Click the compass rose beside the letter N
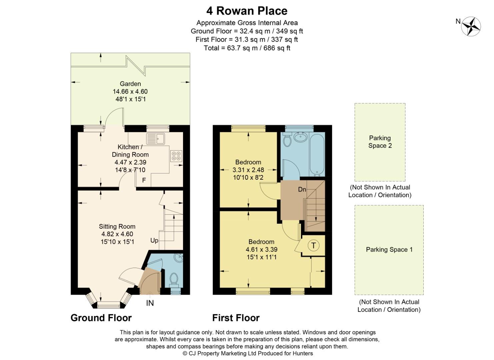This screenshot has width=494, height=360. coord(471,26)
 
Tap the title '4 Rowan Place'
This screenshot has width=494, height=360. coord(247,11)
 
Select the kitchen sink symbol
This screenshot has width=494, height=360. coord(155,138)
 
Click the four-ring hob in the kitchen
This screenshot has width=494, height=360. coord(176,156)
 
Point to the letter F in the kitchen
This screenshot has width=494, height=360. coord(144,180)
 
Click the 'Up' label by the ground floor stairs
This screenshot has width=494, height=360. coord(154,240)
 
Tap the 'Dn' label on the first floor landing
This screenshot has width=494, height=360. coord(302,189)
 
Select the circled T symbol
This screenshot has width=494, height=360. coord(313,246)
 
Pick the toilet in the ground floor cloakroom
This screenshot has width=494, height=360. coord(174,279)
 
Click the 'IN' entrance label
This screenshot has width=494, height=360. coord(150,303)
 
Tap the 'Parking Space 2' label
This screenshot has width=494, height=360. coord(380,142)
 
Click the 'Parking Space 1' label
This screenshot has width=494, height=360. coord(389,249)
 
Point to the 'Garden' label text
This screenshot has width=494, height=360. coord(130,84)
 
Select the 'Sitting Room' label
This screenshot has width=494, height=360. coord(117,226)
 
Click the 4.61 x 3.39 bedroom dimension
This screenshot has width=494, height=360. coord(261,249)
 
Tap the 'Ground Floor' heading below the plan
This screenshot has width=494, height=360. coord(101,318)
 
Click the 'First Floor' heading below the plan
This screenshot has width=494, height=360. coord(236,318)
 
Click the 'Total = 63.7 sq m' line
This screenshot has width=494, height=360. coord(247,48)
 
